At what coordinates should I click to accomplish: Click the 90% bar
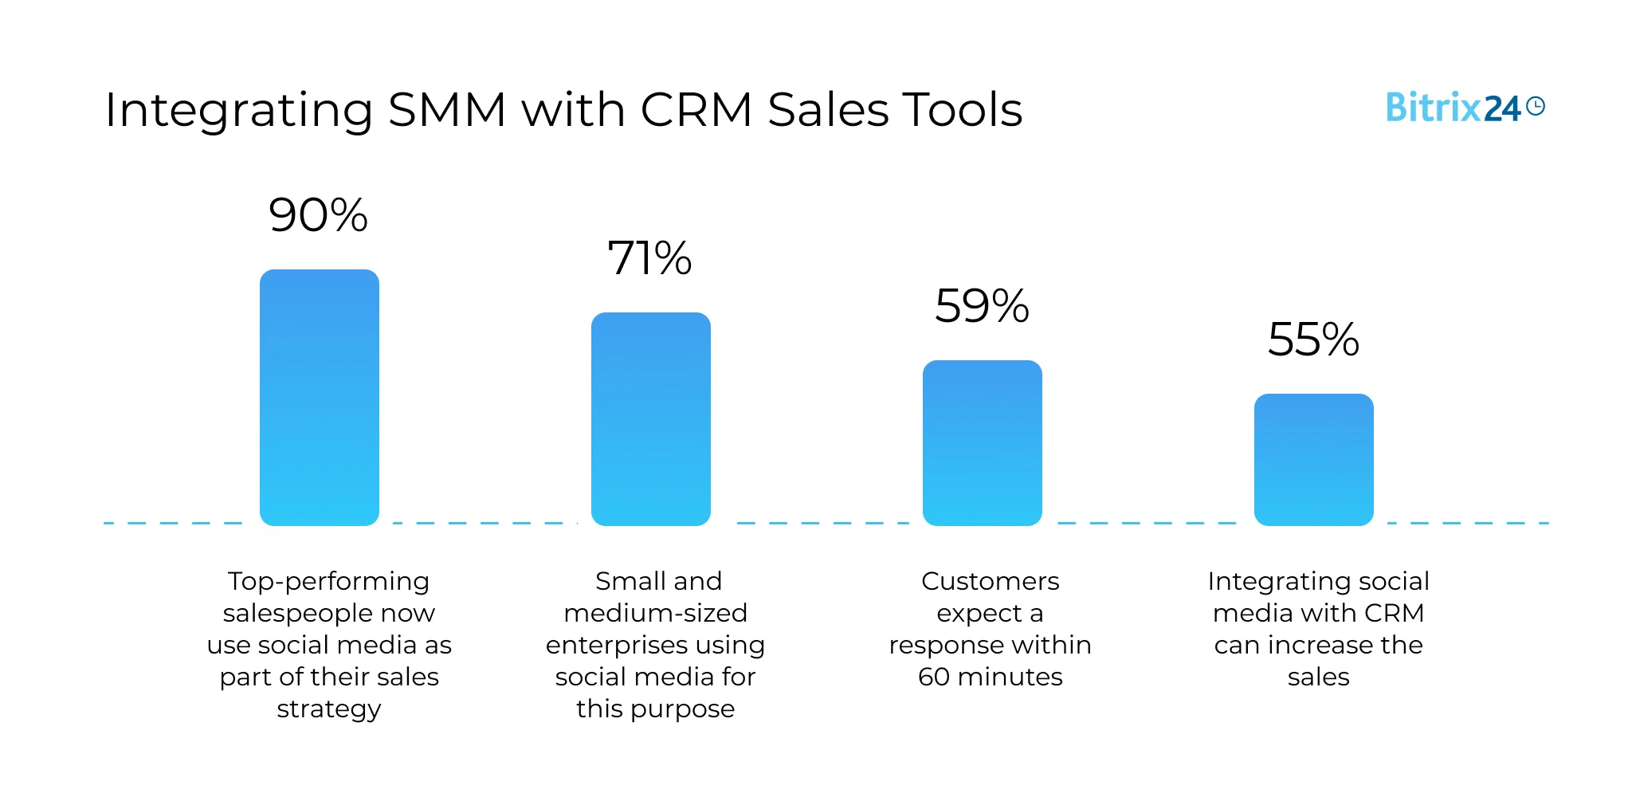(x=320, y=398)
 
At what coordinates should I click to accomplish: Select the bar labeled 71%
(x=650, y=419)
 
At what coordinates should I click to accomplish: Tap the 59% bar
(x=982, y=443)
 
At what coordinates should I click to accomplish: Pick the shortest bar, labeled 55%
(x=1313, y=460)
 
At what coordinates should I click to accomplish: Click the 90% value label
(x=318, y=215)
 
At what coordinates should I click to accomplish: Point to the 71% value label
(x=649, y=258)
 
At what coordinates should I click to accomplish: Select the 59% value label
(x=982, y=306)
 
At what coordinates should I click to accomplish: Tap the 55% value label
(x=1313, y=340)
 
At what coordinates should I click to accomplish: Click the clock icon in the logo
(x=1536, y=106)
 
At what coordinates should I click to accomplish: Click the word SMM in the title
(x=447, y=110)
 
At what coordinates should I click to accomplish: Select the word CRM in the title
(x=696, y=110)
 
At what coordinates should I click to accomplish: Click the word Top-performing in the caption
(x=328, y=582)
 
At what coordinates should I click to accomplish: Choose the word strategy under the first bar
(x=329, y=709)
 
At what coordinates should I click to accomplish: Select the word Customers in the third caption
(x=990, y=581)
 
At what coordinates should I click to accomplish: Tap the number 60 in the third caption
(x=934, y=677)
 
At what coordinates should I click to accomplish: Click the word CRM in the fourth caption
(x=1394, y=613)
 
